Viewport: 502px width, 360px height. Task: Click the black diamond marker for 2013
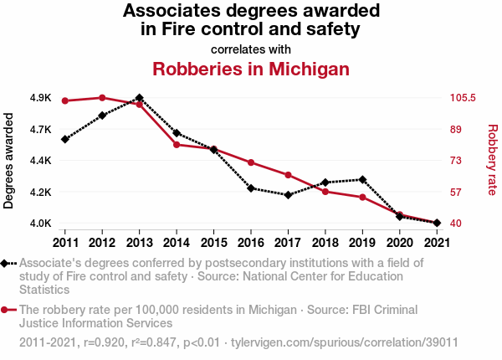139,98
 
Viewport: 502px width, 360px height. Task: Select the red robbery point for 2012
102,98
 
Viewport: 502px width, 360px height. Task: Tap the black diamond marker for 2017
288,195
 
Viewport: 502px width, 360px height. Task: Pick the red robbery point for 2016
251,162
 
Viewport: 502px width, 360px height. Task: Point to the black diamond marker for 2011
64,139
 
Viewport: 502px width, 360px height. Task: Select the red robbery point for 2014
177,145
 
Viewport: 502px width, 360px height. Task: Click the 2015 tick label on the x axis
213,243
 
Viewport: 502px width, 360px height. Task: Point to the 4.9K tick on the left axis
40,98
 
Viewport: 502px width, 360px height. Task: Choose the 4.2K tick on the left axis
40,192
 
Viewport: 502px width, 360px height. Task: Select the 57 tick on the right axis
457,192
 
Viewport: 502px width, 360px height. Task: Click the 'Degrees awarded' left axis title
9,161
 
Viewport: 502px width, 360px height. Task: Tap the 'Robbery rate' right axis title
492,161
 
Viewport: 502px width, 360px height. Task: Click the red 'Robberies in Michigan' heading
251,68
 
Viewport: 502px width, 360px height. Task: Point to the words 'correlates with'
251,49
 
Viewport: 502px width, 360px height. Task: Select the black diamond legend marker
6,263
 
